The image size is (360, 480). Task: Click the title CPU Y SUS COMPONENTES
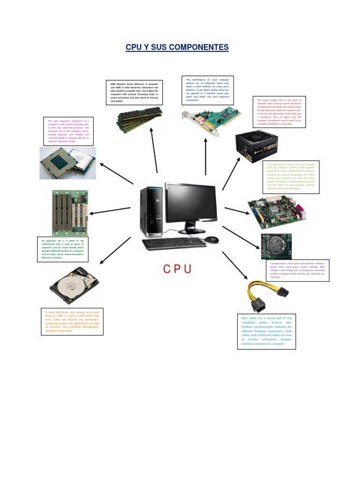point(177,47)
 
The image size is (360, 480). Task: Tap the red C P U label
point(177,270)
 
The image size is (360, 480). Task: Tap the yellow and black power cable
point(265,296)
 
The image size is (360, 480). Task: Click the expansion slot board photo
point(69,212)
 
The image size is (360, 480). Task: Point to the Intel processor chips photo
point(67,162)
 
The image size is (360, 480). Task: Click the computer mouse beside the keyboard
point(211,239)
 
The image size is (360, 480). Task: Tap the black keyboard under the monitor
point(174,243)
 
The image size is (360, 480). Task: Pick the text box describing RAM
point(134,92)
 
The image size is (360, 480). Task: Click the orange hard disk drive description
point(72,322)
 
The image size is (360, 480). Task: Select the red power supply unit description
point(279,112)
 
